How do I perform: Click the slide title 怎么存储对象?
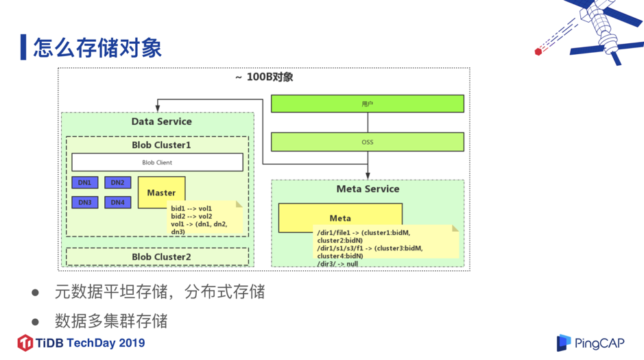(x=97, y=47)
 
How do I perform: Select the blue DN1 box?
(x=84, y=182)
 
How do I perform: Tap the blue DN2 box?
(x=117, y=182)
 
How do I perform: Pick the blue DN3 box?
(x=84, y=202)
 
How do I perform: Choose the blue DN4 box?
(x=117, y=202)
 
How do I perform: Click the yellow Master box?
(x=161, y=192)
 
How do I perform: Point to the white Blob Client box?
(x=157, y=163)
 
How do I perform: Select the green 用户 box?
(x=367, y=104)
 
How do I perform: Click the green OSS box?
(x=367, y=142)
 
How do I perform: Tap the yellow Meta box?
(x=340, y=217)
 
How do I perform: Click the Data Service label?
(x=161, y=121)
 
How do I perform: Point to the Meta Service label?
(x=368, y=189)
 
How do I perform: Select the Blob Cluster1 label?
(x=161, y=145)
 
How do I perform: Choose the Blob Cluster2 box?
(x=158, y=257)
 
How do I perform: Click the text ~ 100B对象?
(x=264, y=77)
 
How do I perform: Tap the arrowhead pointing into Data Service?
(x=158, y=108)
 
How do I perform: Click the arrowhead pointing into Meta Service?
(x=368, y=176)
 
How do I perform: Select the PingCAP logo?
(x=591, y=343)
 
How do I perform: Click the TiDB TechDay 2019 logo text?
(x=82, y=343)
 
